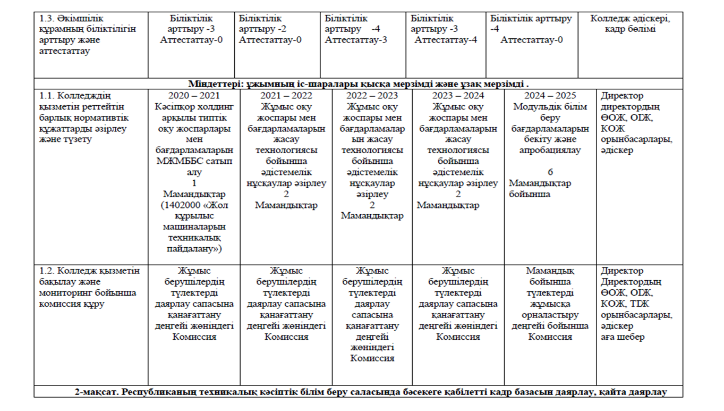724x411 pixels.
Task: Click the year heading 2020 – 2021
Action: click(x=193, y=96)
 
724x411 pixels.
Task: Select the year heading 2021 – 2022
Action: click(x=286, y=96)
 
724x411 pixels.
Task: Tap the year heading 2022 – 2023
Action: click(x=372, y=96)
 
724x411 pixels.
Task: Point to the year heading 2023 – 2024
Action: click(x=458, y=96)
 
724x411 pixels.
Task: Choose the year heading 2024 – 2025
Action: click(x=550, y=96)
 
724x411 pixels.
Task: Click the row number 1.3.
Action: click(x=47, y=19)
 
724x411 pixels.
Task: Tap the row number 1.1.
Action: click(x=47, y=96)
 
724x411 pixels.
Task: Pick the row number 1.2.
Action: click(x=47, y=271)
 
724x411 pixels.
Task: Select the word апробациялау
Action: click(x=550, y=150)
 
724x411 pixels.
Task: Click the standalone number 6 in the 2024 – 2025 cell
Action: click(x=550, y=172)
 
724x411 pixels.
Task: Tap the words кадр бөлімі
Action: click(x=630, y=29)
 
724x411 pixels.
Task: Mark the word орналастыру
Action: click(x=550, y=315)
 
